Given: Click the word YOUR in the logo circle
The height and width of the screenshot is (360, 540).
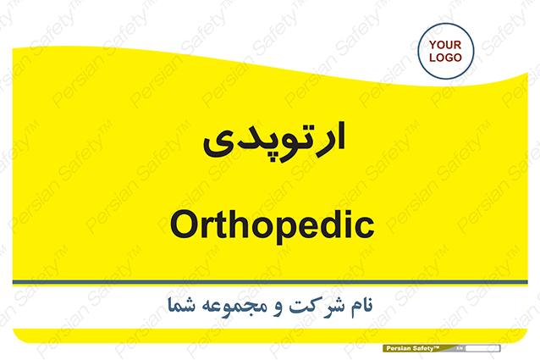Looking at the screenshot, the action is pos(445,45).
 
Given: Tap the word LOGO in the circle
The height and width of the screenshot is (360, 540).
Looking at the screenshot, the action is pos(445,58).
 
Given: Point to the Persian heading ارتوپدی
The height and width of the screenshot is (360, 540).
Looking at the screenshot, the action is pos(274,141).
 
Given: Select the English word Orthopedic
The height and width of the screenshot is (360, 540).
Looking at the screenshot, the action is pos(272,225).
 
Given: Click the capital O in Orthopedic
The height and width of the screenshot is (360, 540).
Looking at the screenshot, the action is pos(184,224).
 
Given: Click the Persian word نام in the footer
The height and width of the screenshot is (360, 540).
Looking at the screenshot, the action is pos(361,306).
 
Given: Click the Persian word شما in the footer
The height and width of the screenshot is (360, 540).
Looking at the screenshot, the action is pos(181,305).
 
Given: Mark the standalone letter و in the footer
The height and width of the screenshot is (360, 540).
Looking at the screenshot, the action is pos(278,308).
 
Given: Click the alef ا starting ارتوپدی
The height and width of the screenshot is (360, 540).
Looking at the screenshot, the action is pos(340,136).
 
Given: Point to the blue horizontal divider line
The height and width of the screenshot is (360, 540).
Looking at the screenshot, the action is pos(270,282).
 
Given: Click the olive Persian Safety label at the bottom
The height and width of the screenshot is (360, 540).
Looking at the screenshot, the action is pos(420,348).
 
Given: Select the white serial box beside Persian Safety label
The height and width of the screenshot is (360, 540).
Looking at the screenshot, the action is pos(482,348).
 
